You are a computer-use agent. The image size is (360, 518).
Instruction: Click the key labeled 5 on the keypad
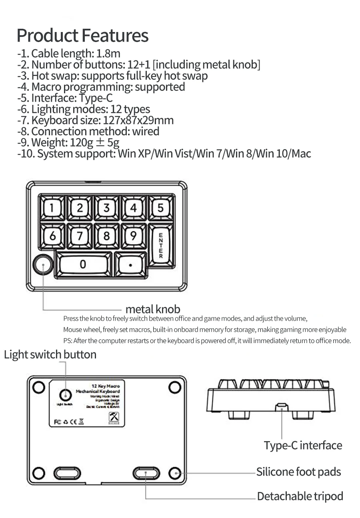point(160,208)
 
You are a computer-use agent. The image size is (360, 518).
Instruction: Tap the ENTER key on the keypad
point(160,245)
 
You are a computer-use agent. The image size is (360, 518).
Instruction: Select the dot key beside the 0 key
point(130,265)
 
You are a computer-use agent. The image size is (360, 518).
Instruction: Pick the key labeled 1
point(52,208)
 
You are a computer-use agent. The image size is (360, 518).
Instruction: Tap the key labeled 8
point(106,236)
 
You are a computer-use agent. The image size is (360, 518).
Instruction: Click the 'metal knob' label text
point(153,309)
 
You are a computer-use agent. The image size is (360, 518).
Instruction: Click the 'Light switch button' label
point(50,355)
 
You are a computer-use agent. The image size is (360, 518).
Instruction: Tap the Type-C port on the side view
point(282,408)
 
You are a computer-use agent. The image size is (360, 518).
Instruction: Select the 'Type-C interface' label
point(303,446)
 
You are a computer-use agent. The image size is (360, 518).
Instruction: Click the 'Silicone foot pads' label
point(298,472)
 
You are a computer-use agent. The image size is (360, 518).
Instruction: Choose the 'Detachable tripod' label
point(300,496)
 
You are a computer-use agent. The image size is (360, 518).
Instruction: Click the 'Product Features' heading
point(82,35)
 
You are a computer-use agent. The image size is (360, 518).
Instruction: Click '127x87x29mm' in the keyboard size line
point(138,120)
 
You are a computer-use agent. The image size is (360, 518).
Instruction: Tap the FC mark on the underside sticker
point(57,422)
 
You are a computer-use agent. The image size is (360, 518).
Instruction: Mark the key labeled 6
point(52,236)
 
